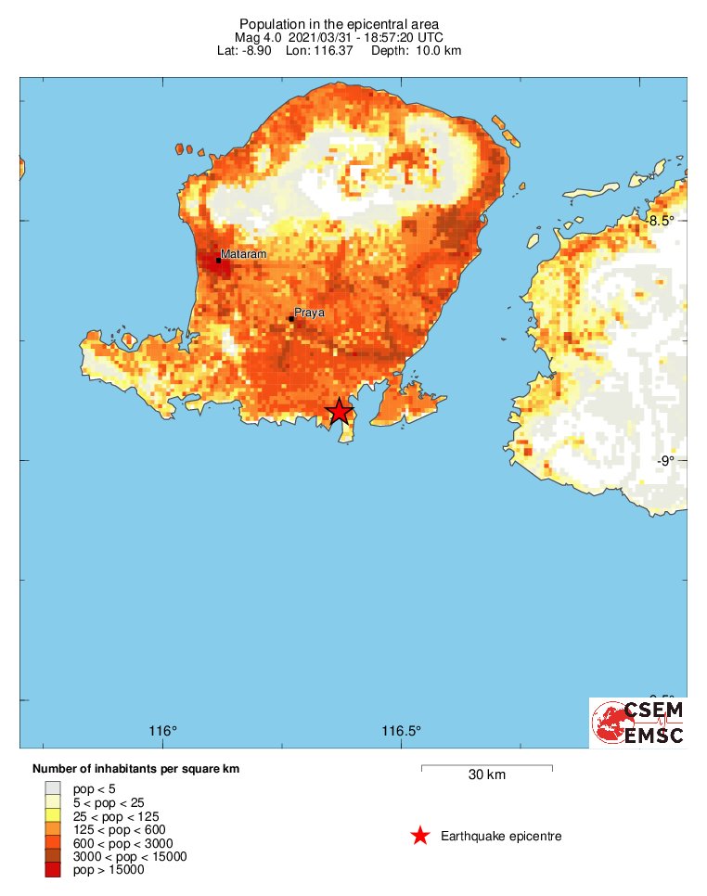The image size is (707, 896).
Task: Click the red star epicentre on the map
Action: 341,411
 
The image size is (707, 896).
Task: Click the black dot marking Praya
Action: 290,319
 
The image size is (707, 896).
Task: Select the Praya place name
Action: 309,314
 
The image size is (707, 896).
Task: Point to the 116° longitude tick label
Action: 163,731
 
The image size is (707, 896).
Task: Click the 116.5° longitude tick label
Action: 401,731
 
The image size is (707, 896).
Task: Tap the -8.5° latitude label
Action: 662,221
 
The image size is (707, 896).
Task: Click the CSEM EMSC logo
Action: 639,723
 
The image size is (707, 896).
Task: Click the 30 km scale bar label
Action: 486,775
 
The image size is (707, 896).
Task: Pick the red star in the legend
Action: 420,837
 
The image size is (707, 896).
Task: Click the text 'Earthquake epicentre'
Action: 501,837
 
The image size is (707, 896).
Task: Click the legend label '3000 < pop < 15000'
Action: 130,856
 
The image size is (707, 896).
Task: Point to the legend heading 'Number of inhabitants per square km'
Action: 135,769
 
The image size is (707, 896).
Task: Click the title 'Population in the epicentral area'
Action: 340,23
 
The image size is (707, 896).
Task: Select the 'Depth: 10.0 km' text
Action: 416,50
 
